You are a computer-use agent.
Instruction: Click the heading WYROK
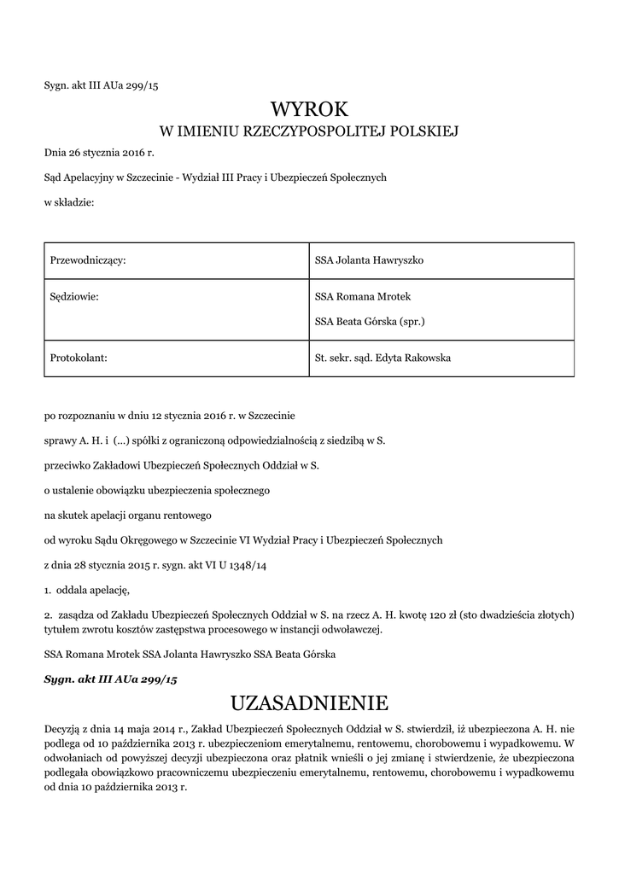tap(309, 108)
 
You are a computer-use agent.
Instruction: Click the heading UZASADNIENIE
tap(309, 703)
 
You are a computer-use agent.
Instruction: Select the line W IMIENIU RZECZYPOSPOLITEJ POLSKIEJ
tap(309, 131)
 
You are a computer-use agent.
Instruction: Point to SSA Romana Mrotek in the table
tap(363, 297)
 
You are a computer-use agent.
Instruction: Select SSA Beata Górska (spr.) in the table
tap(370, 322)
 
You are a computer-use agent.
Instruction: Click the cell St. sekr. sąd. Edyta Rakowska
tap(382, 358)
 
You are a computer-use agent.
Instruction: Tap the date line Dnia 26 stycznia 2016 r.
tap(99, 154)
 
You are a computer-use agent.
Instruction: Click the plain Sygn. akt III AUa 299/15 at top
tap(100, 84)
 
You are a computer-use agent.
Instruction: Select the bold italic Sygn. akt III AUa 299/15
tap(110, 679)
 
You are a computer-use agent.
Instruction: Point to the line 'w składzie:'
tap(68, 201)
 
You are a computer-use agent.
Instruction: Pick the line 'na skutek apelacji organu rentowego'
tap(127, 516)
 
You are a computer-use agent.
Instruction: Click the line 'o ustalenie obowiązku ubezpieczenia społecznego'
tap(157, 491)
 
